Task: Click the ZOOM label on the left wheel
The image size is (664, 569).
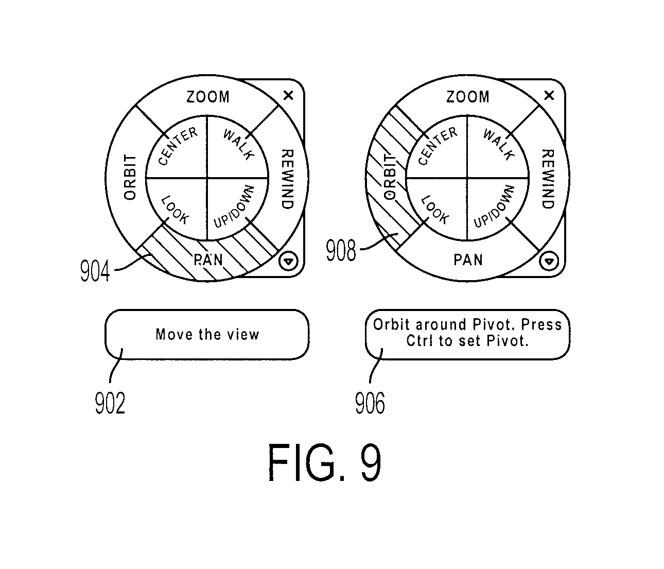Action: click(x=208, y=97)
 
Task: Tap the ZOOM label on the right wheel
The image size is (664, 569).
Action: click(x=468, y=97)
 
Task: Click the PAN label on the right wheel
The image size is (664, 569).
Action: click(x=468, y=260)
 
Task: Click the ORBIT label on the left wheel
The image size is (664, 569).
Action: click(x=130, y=177)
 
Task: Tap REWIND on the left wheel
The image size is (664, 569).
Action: click(x=288, y=179)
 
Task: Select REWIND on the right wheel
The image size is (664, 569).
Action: click(x=548, y=179)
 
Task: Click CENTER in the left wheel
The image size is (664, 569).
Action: click(x=178, y=146)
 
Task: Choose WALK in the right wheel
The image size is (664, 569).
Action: click(x=499, y=144)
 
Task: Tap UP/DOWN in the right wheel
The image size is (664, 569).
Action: click(x=494, y=206)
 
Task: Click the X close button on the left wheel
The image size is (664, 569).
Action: click(x=288, y=95)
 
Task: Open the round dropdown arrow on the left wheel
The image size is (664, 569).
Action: click(x=288, y=261)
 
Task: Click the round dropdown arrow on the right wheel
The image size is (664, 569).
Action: click(x=549, y=261)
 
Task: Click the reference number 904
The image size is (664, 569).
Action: click(x=95, y=271)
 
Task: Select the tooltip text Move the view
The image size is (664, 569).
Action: click(x=207, y=334)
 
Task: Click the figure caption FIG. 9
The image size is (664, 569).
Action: click(x=325, y=462)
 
